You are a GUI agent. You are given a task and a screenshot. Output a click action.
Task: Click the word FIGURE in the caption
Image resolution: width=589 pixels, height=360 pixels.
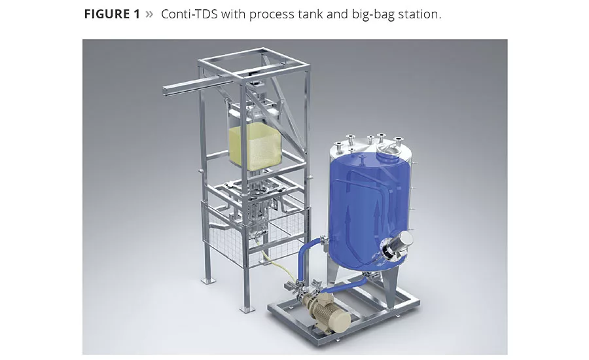[x=106, y=14]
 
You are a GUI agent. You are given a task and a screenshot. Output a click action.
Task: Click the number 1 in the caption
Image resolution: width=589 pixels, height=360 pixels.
[x=136, y=14]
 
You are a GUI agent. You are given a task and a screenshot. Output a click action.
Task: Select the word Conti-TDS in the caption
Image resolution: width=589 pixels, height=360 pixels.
[x=189, y=14]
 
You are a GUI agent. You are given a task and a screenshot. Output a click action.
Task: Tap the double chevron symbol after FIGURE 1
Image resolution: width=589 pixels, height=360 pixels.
[x=149, y=14]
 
